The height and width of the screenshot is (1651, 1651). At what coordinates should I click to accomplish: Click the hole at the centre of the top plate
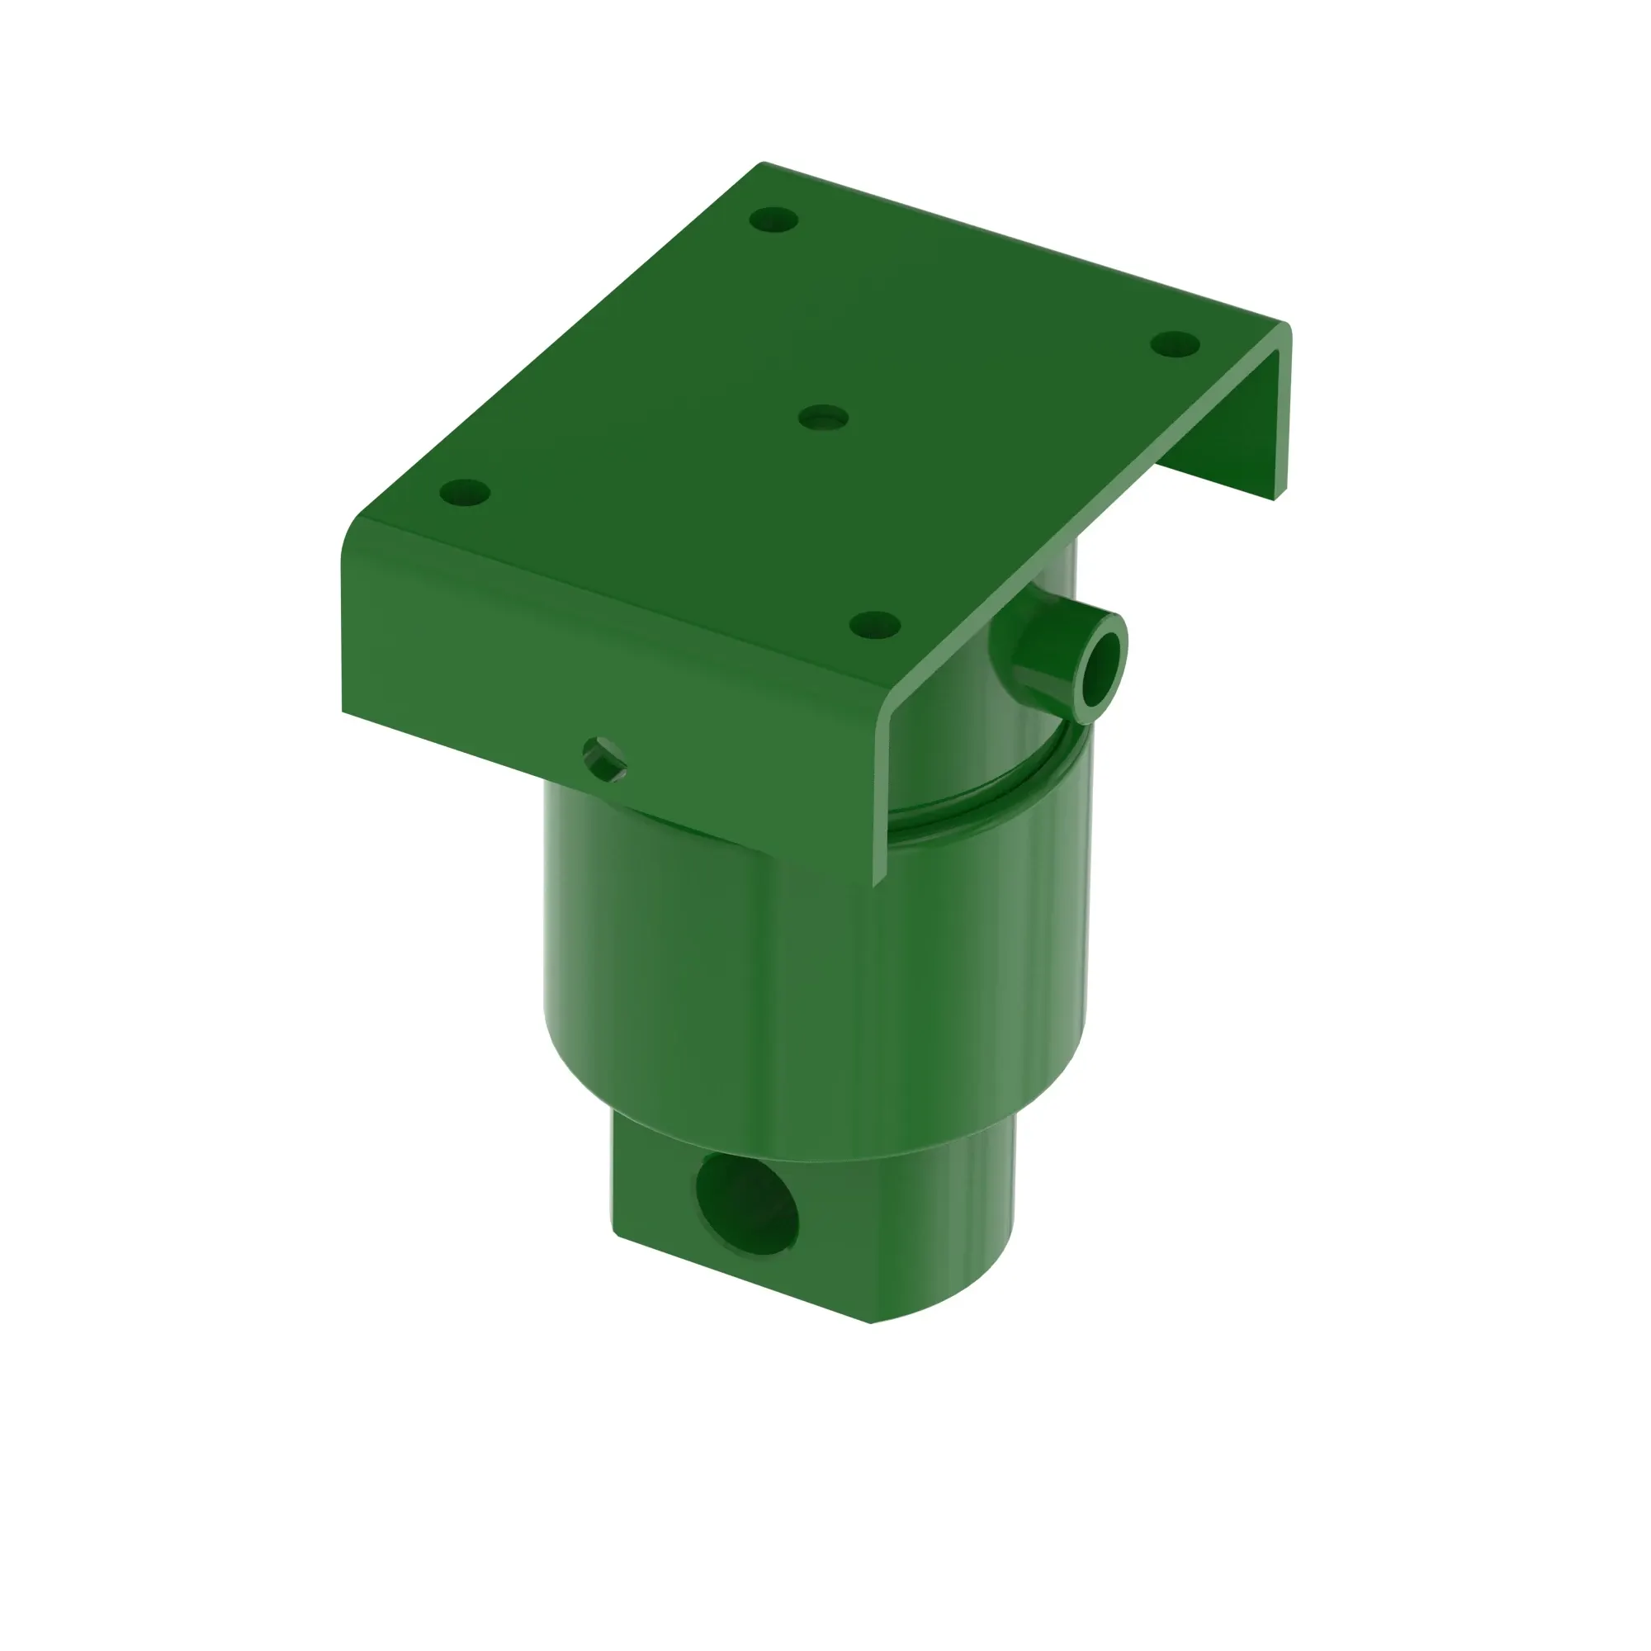[x=823, y=418]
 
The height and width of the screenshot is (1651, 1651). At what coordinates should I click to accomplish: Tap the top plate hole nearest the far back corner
[x=773, y=220]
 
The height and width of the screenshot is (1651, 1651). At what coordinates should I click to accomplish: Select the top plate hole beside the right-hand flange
[x=1175, y=344]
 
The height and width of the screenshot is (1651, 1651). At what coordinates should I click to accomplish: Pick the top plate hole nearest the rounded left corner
[x=465, y=492]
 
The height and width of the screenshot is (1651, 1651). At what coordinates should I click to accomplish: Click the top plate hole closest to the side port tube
[x=874, y=625]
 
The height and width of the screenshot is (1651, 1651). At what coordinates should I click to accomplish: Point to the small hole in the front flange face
[x=604, y=759]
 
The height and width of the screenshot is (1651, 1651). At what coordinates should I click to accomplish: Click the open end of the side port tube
[x=1102, y=670]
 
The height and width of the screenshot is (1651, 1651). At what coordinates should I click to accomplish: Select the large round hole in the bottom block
[x=747, y=1204]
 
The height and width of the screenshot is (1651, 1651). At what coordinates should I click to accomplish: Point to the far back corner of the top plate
[x=763, y=163]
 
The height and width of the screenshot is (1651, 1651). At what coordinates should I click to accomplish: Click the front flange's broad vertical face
[x=513, y=650]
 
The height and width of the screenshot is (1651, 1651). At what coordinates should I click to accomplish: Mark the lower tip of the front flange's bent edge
[x=877, y=882]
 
